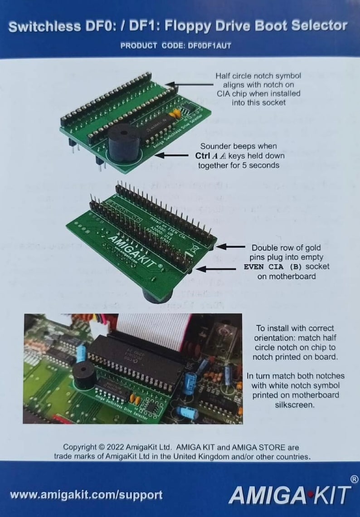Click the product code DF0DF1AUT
(212, 45)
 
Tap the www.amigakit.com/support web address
(86, 494)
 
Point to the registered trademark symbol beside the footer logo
(354, 479)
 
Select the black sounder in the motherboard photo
(85, 374)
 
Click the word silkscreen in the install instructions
(296, 404)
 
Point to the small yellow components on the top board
(178, 110)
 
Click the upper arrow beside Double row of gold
(231, 247)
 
